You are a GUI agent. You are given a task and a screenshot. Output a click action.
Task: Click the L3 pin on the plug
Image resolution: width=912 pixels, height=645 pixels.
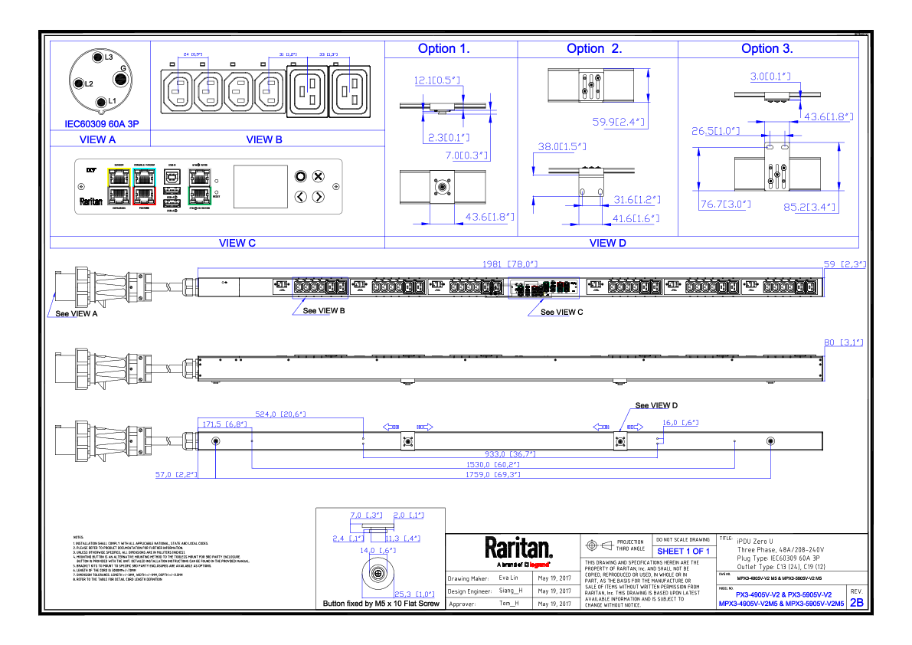pyautogui.click(x=98, y=57)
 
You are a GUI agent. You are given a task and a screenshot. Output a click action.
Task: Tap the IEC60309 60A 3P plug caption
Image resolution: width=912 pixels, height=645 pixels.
pyautogui.click(x=100, y=123)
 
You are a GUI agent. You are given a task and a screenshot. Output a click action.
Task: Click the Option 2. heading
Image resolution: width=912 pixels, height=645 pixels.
pyautogui.click(x=594, y=48)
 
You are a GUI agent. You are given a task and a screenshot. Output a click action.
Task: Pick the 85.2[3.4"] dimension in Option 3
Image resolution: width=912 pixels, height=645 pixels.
pyautogui.click(x=809, y=207)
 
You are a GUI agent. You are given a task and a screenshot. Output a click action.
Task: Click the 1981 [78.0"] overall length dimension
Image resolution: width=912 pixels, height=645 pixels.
pyautogui.click(x=510, y=264)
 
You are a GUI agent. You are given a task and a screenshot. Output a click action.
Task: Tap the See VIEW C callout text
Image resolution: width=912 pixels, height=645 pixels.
pyautogui.click(x=561, y=312)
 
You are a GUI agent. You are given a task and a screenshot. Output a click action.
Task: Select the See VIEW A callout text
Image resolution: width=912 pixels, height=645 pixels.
pyautogui.click(x=75, y=313)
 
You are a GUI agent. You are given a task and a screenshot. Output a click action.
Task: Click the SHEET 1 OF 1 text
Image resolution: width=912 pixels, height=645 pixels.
pyautogui.click(x=684, y=552)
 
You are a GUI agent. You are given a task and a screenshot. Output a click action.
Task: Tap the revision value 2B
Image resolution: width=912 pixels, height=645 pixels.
pyautogui.click(x=856, y=603)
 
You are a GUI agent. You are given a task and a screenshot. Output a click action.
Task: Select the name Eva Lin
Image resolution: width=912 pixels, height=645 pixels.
pyautogui.click(x=508, y=578)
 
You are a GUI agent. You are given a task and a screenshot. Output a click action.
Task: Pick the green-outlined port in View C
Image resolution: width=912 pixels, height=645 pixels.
pyautogui.click(x=199, y=196)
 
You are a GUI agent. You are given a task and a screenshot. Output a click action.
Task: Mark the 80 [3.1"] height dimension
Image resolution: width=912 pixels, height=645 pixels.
pyautogui.click(x=842, y=342)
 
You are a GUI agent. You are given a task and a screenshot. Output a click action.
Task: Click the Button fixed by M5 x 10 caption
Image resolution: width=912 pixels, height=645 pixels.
pyautogui.click(x=381, y=604)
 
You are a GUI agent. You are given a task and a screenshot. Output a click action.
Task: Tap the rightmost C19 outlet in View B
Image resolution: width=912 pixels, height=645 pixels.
pyautogui.click(x=349, y=91)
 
